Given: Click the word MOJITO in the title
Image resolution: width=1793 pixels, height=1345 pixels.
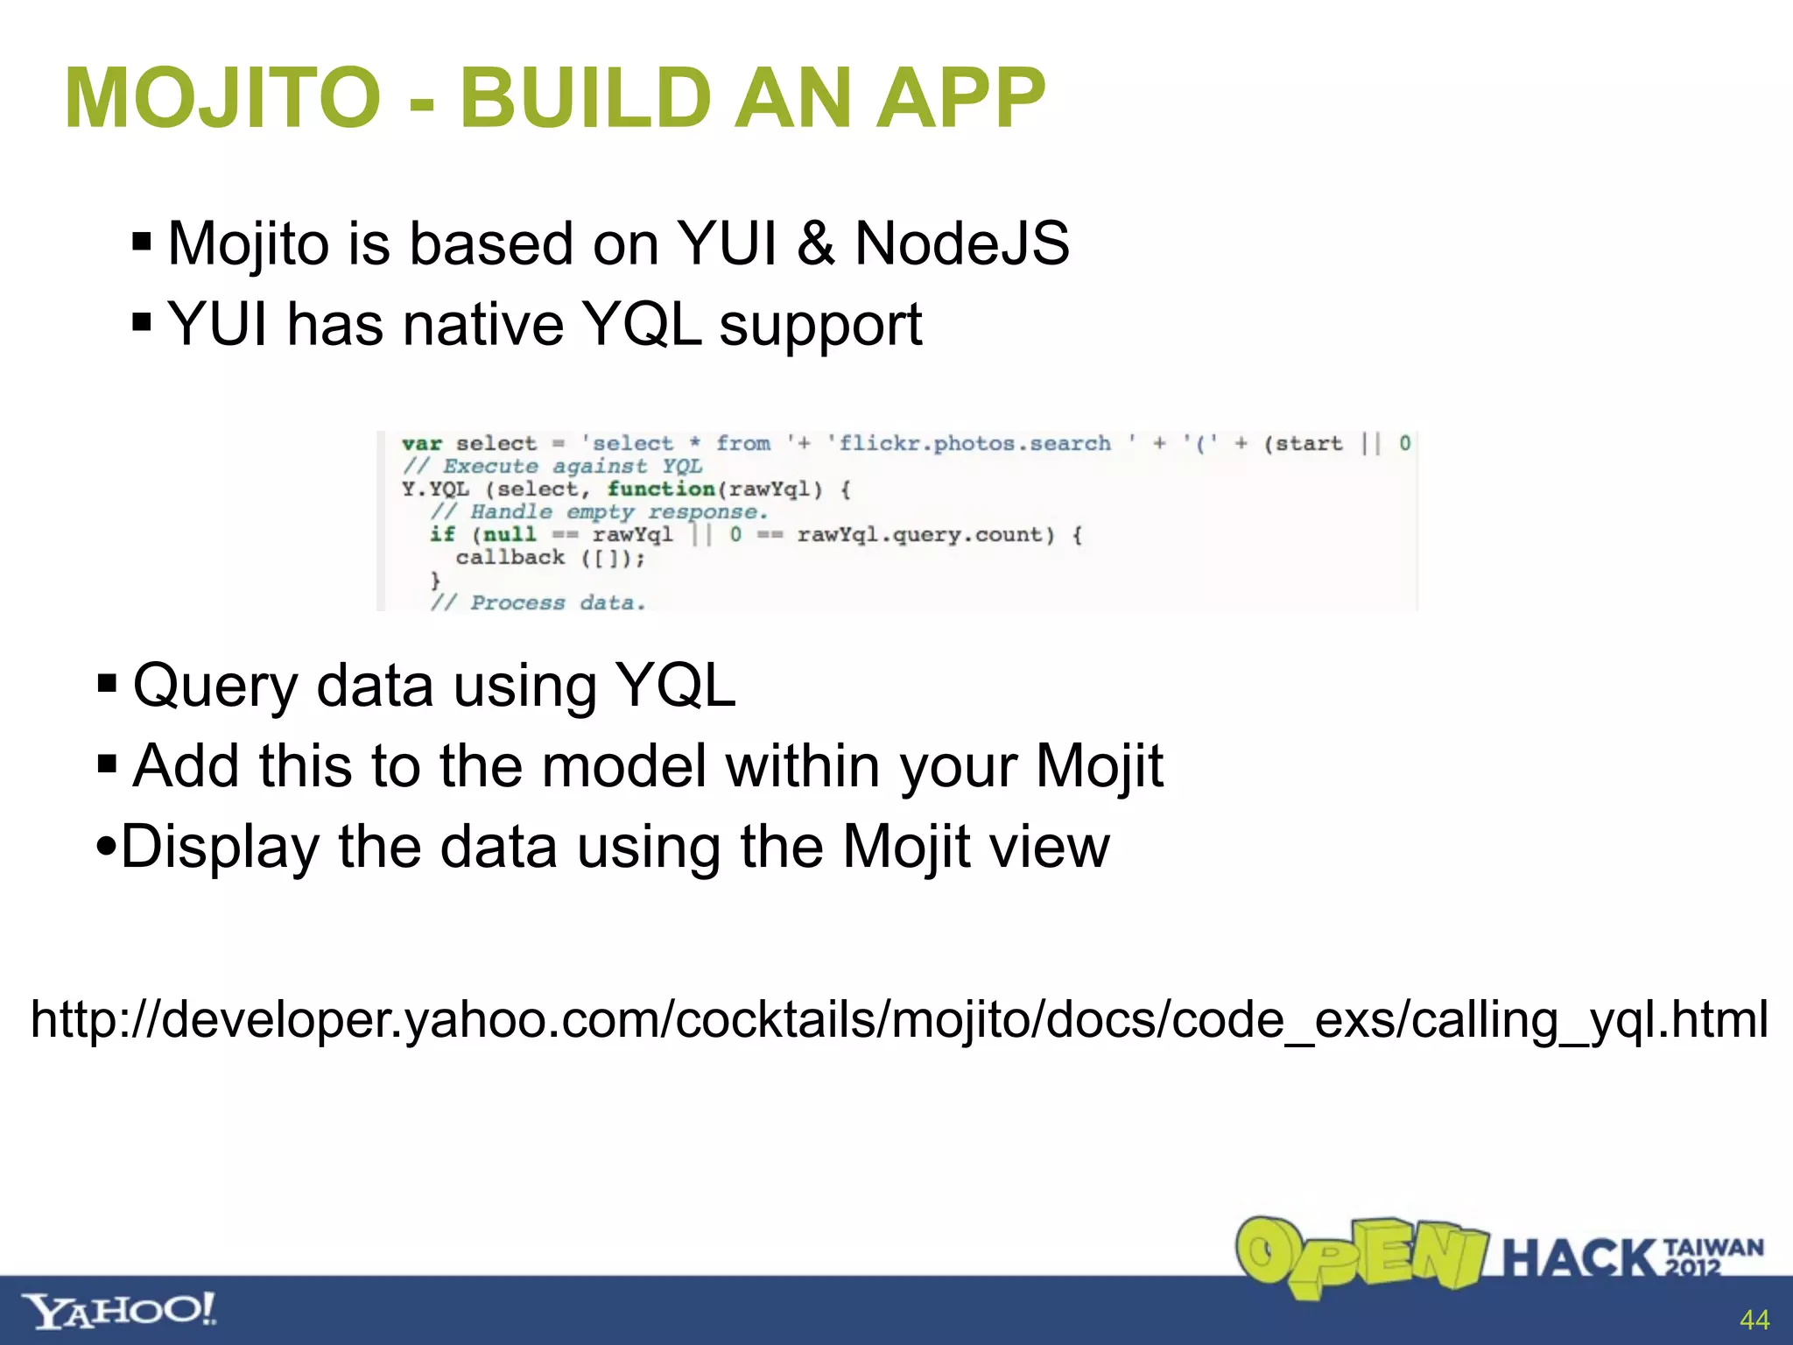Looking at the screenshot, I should [x=223, y=98].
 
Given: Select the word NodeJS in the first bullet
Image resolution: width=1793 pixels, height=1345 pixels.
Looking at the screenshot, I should [x=961, y=243].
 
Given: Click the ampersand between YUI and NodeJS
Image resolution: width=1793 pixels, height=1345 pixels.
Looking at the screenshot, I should [x=815, y=243].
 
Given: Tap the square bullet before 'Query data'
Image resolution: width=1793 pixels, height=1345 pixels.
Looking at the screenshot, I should [x=108, y=683].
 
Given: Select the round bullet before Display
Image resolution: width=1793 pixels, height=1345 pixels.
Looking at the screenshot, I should [x=106, y=847].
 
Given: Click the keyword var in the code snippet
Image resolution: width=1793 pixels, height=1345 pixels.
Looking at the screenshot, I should [x=422, y=444].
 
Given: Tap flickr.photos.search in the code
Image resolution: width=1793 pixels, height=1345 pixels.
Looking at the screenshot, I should [x=974, y=444].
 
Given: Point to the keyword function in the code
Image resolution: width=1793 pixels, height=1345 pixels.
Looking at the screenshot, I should [x=661, y=489].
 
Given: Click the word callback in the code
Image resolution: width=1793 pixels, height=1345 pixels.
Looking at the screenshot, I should [x=510, y=558].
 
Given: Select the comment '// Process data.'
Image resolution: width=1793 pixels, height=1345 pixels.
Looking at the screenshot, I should [x=538, y=602].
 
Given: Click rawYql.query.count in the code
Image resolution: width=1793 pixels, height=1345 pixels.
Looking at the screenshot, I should [x=925, y=534].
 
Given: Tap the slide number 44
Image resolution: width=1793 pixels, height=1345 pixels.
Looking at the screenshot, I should [x=1754, y=1320].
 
